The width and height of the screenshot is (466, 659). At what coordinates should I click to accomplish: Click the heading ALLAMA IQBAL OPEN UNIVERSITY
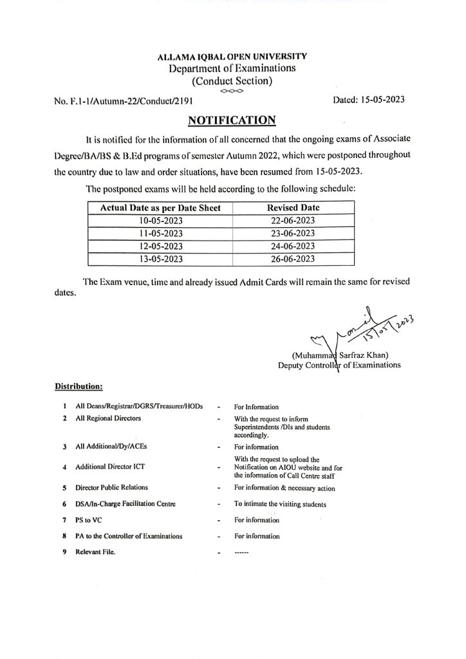point(232,57)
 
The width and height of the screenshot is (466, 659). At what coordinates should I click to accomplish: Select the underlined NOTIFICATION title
point(232,120)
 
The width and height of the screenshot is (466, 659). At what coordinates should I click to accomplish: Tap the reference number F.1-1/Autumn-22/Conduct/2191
point(122,101)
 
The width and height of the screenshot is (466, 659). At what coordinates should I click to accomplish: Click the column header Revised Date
point(293,208)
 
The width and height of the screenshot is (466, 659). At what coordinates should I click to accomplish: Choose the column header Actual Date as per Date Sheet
point(160,208)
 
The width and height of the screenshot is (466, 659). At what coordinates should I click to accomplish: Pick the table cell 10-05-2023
point(160,221)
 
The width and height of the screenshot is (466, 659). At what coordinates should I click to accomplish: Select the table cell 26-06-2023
point(293,259)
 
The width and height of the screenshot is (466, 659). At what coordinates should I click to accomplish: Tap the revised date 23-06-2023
point(293,233)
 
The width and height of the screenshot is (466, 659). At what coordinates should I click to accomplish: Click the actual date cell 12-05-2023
point(160,246)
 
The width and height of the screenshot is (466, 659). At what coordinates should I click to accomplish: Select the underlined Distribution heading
point(79,387)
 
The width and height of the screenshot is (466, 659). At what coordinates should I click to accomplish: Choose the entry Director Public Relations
point(111,487)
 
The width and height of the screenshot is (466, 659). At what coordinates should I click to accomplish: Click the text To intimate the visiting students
point(280,504)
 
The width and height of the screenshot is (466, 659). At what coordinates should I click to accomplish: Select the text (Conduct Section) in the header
point(232,80)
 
